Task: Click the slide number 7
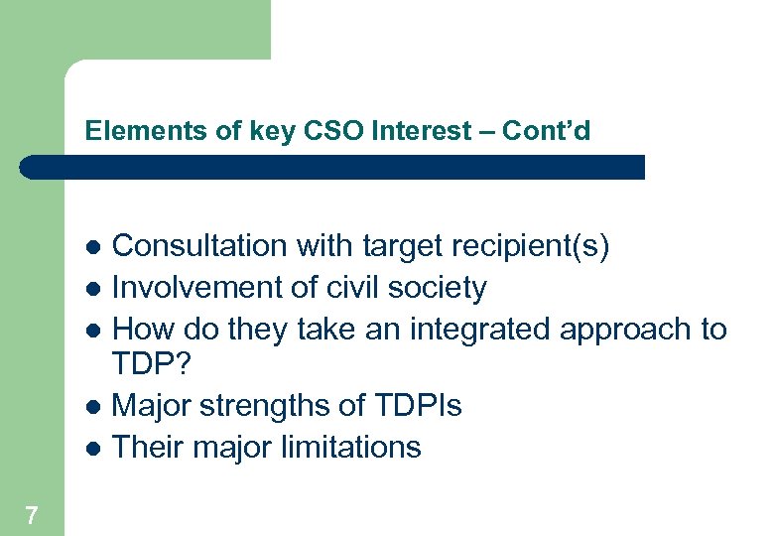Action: click(x=33, y=515)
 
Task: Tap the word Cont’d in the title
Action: click(x=547, y=131)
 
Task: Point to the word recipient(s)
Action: click(x=528, y=246)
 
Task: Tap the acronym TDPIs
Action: click(x=419, y=406)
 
